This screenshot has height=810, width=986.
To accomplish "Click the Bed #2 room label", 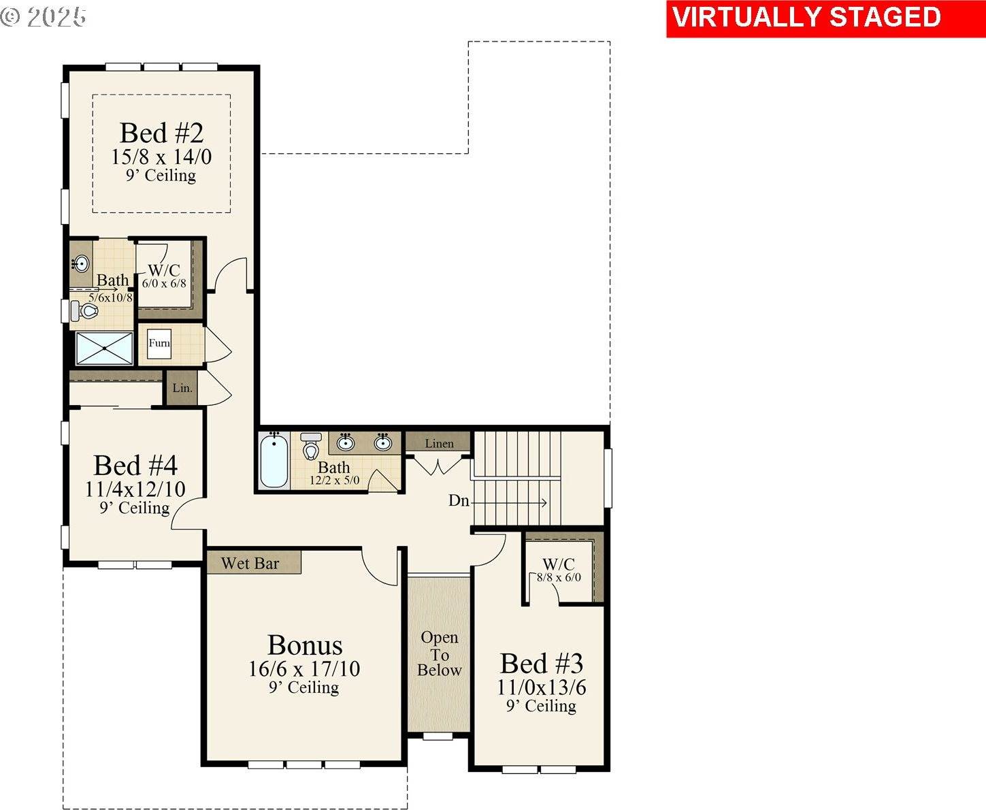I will (161, 133).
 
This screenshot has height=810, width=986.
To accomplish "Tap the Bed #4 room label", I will (135, 466).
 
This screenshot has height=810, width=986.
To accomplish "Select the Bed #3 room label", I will (541, 663).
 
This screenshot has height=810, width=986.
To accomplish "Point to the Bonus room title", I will (305, 645).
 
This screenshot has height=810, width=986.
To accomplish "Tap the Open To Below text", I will (439, 653).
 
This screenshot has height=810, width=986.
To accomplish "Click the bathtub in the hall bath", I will (274, 461).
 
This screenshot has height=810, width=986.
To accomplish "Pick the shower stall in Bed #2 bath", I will (104, 348).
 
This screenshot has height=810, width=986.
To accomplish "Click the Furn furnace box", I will (159, 343).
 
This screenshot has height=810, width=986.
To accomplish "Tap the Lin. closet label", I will (182, 388).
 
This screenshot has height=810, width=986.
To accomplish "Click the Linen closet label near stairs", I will (439, 443).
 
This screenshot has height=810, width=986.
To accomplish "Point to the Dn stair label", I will (459, 501).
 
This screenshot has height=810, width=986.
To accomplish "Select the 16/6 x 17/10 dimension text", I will (304, 668).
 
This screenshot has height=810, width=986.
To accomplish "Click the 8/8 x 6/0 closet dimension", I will (559, 577).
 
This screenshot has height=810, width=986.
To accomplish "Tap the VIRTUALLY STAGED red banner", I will (806, 18).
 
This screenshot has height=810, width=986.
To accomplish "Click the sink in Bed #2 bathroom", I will (81, 263).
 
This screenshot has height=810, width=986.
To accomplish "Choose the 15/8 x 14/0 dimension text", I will (161, 157).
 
